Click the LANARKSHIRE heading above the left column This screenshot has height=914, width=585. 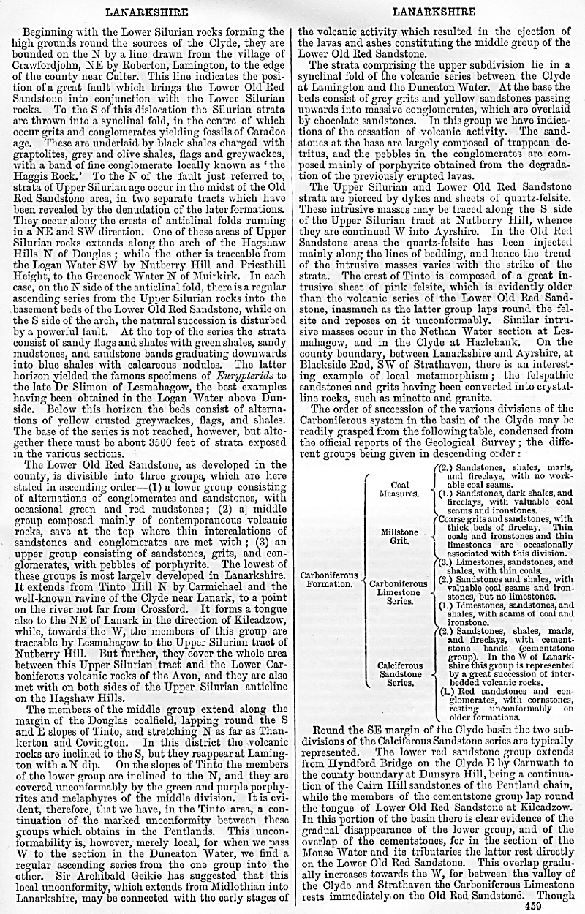(x=146, y=12)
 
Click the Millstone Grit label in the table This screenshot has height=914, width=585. (x=399, y=537)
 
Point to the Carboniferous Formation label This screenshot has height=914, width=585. (x=329, y=579)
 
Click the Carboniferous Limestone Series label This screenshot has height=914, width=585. (x=399, y=592)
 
